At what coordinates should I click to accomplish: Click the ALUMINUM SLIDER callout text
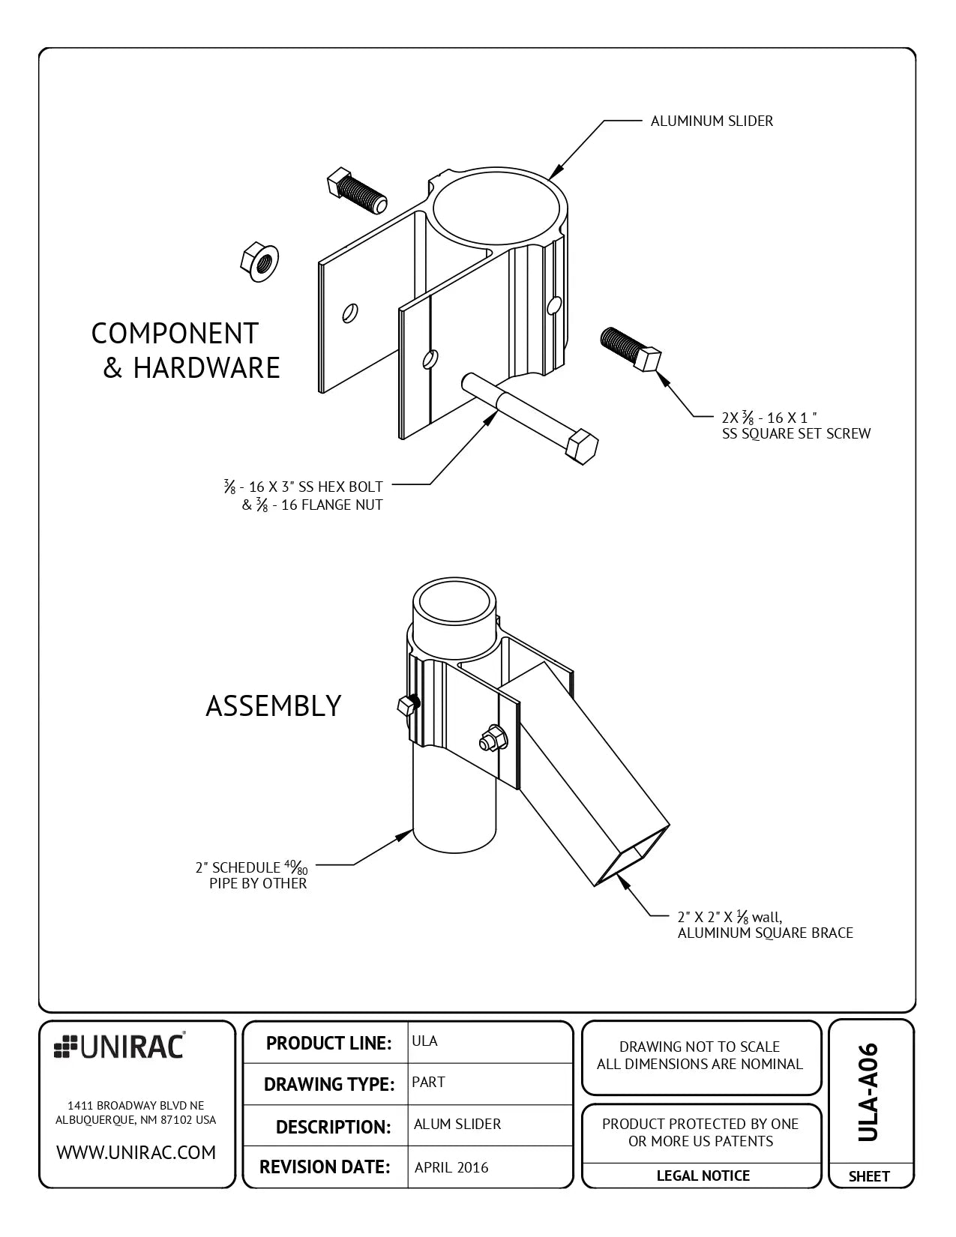(711, 121)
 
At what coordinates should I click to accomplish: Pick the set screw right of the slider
(630, 348)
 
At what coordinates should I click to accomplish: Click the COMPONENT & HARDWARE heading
(185, 351)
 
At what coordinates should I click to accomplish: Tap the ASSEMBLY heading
(273, 706)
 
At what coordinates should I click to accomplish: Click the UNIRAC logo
(120, 1047)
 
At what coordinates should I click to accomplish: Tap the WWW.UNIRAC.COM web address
(136, 1152)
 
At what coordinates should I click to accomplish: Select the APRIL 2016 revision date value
(451, 1167)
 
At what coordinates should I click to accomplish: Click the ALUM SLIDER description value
(457, 1124)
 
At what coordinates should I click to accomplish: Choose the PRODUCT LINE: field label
(328, 1043)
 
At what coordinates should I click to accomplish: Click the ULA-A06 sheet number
(868, 1092)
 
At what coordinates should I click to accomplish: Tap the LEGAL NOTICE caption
(703, 1176)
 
